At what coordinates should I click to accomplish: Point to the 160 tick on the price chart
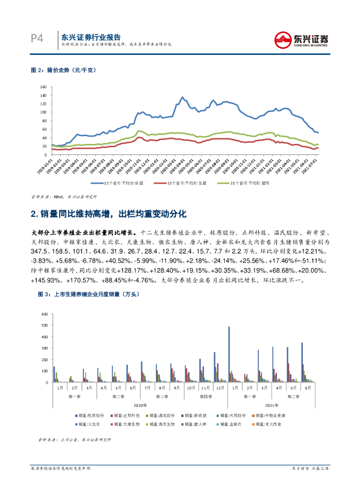pyautogui.click(x=42, y=87)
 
